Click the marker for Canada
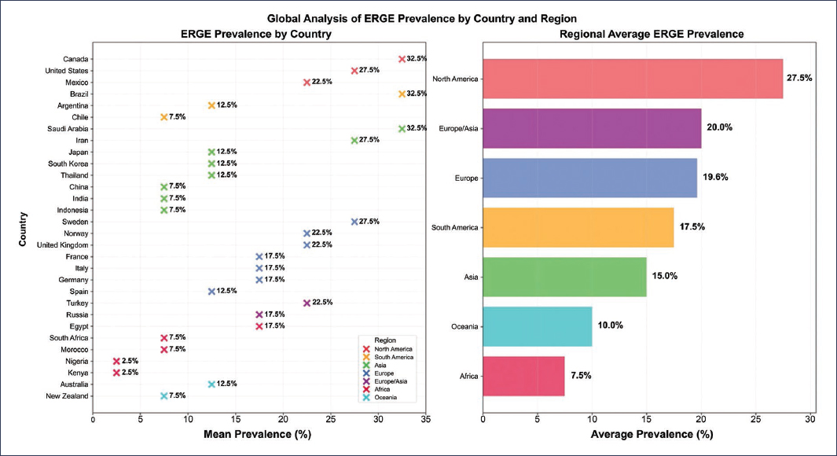pyautogui.click(x=402, y=59)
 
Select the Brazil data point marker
pyautogui.click(x=402, y=94)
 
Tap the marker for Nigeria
pyautogui.click(x=116, y=361)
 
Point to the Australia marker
pyautogui.click(x=211, y=384)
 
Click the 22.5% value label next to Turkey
pyautogui.click(x=322, y=303)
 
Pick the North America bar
pyautogui.click(x=633, y=79)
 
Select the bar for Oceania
pyautogui.click(x=538, y=326)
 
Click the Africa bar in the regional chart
pyautogui.click(x=523, y=376)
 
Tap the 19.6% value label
pyautogui.click(x=716, y=178)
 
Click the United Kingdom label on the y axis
pyautogui.click(x=62, y=245)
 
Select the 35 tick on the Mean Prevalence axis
pyautogui.click(x=425, y=421)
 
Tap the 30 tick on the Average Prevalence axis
pyautogui.click(x=809, y=421)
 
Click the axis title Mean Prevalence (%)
pyautogui.click(x=259, y=434)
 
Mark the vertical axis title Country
pyautogui.click(x=24, y=227)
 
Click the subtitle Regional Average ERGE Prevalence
pyautogui.click(x=651, y=35)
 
